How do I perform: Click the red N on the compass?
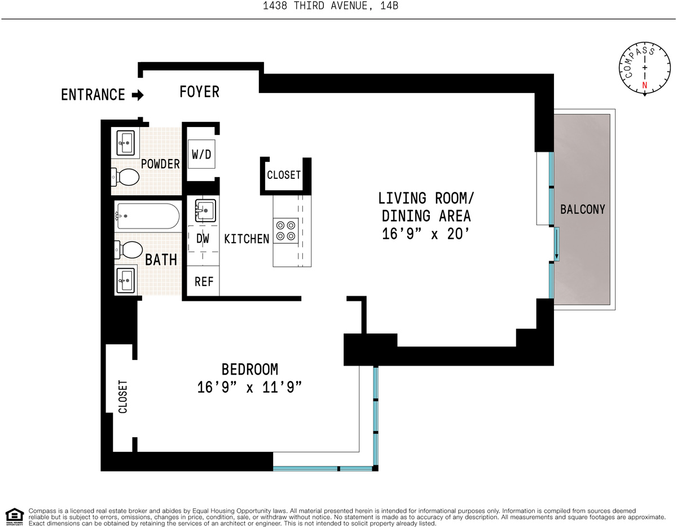coord(644,85)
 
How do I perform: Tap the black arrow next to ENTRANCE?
coord(138,95)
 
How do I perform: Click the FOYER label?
coord(199,92)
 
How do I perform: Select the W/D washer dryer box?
coord(201,154)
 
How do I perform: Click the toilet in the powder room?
coord(125,177)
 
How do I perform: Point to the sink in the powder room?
coord(125,143)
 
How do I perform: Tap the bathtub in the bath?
coord(147,216)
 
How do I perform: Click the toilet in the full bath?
coord(129,250)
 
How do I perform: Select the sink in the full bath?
coord(126,280)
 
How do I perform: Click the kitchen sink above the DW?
coord(205,210)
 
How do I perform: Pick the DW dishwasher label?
coord(203,239)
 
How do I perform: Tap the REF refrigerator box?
coord(203,281)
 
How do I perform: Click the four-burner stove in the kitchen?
coord(285,230)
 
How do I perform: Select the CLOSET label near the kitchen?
coord(284,175)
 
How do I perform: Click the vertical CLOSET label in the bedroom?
coord(123,397)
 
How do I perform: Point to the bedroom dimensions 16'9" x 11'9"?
coord(249,388)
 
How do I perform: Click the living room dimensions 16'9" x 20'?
coord(425,234)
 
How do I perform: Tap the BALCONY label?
coord(583,209)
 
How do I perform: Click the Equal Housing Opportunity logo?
coord(15,517)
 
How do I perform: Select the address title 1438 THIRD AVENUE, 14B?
coord(331,6)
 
